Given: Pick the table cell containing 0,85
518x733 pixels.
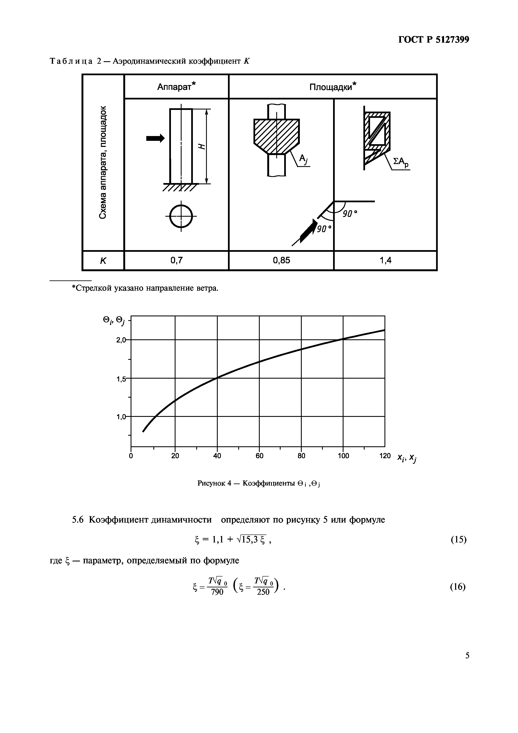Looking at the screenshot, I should pos(281,261).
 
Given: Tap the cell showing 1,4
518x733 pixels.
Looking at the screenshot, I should pos(385,261).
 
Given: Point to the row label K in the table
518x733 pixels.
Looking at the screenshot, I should pos(103,261).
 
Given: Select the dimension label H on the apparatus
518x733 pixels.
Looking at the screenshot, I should pos(201,146).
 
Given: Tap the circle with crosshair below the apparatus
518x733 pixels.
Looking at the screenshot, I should pos(181,216).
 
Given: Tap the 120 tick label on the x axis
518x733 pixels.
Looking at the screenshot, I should pos(385,456).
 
